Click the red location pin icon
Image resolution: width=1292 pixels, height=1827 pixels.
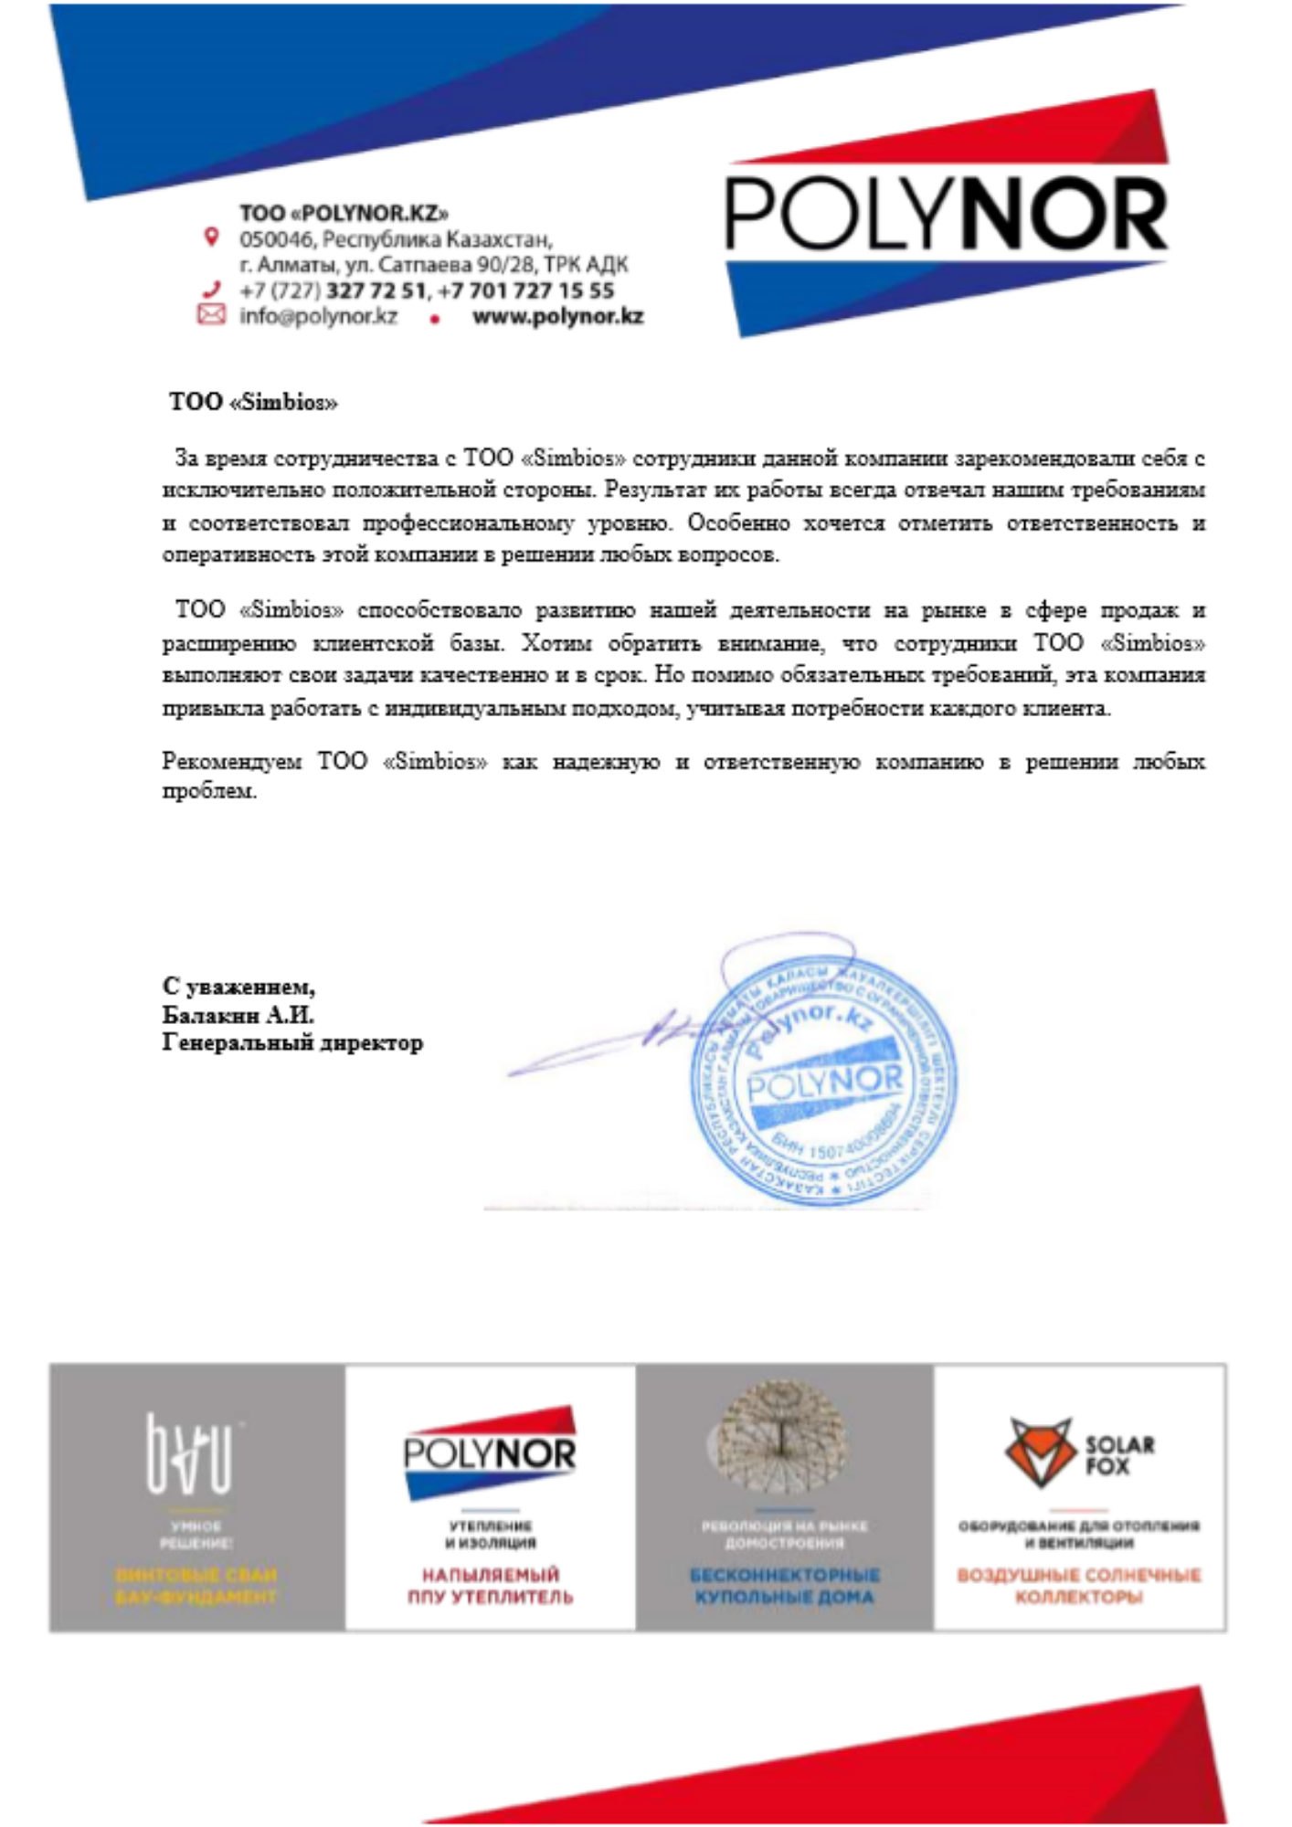[x=211, y=238]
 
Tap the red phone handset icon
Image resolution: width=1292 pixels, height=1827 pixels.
[x=211, y=290]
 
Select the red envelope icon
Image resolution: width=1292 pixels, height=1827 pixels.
[x=211, y=315]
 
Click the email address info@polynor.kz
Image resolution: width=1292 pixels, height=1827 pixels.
[x=318, y=316]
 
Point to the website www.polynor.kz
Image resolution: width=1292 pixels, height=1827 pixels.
[x=557, y=316]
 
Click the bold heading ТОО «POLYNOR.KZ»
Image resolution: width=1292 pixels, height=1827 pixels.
[x=344, y=213]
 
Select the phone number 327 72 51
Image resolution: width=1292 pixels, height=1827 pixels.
[x=376, y=290]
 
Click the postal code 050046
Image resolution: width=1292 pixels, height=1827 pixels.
[x=276, y=239]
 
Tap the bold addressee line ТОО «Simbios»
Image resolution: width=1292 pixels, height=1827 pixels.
[x=253, y=402]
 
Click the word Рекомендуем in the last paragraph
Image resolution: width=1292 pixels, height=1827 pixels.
[x=231, y=761]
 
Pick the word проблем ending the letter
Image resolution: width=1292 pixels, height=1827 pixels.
[x=209, y=791]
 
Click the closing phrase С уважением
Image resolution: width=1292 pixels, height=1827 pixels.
[x=238, y=987]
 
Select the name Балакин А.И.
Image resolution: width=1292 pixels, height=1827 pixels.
[x=238, y=1015]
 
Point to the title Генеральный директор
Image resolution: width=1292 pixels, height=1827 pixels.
[x=292, y=1042]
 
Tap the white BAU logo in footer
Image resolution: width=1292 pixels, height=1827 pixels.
[x=190, y=1452]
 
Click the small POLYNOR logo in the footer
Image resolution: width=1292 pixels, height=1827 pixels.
[x=490, y=1452]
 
